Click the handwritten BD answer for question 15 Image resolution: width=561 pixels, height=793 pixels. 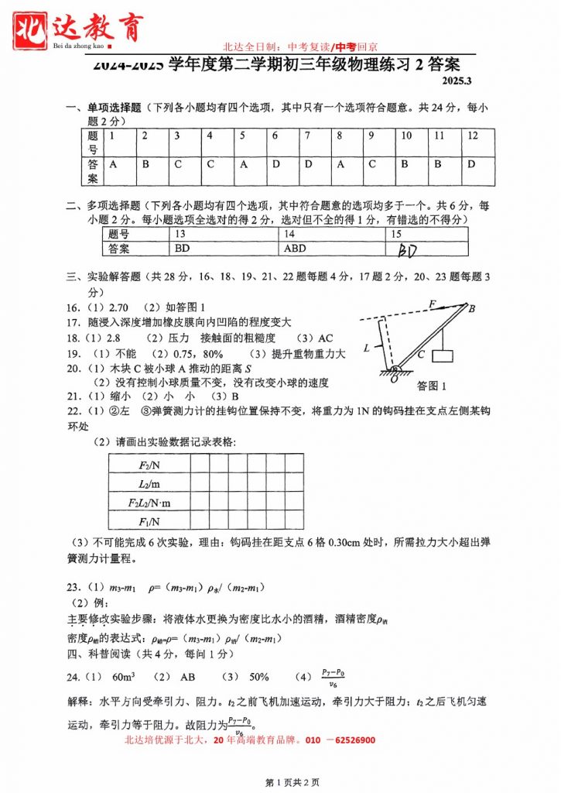click(408, 250)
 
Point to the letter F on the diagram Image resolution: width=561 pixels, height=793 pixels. click(433, 303)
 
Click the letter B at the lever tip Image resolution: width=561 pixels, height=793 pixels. click(472, 308)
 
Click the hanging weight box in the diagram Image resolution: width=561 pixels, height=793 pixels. click(443, 356)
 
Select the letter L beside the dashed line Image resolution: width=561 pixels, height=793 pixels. click(367, 348)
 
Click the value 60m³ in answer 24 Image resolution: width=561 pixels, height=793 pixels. click(124, 676)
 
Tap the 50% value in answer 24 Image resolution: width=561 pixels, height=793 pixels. click(258, 676)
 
